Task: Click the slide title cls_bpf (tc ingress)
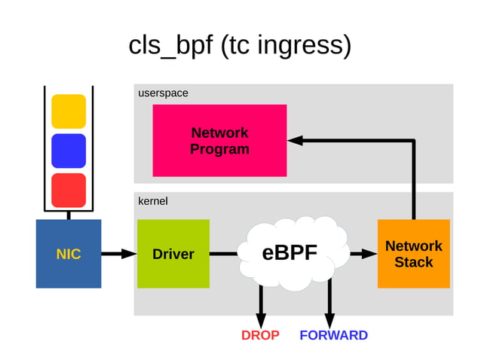click(240, 45)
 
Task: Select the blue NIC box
click(69, 254)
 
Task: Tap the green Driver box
click(173, 254)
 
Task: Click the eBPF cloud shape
click(290, 253)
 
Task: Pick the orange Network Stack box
click(413, 254)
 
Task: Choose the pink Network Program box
click(219, 141)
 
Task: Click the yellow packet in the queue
click(69, 111)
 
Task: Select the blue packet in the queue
click(69, 151)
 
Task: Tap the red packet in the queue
click(69, 191)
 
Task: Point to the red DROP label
click(260, 335)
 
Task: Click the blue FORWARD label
click(333, 335)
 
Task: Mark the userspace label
click(163, 93)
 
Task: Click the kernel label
click(153, 202)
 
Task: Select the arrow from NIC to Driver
click(119, 254)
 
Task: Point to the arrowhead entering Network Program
click(295, 141)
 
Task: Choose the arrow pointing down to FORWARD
click(329, 305)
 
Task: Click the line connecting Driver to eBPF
click(224, 254)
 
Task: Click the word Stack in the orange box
click(413, 263)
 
